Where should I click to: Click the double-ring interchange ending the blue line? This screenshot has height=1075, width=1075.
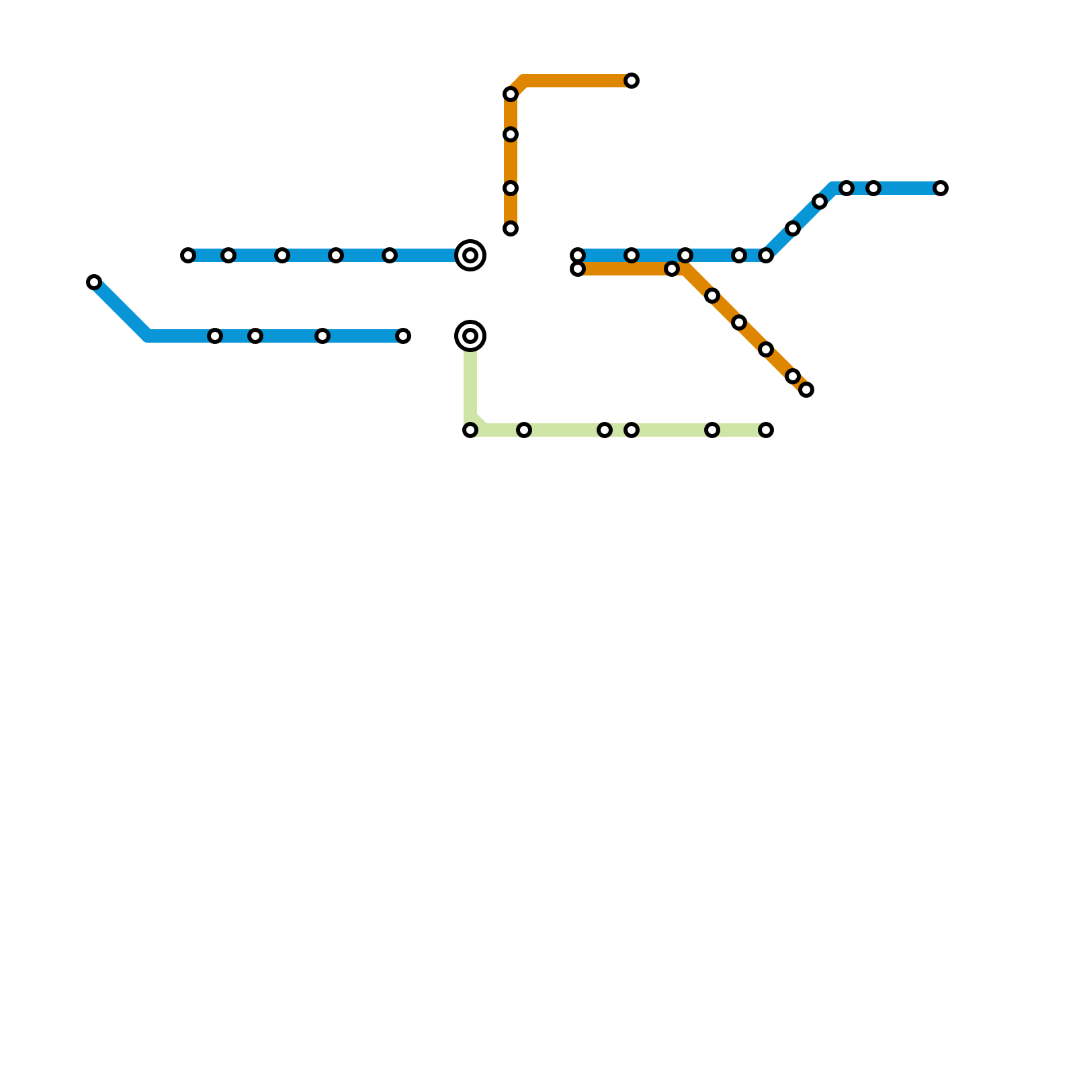[470, 255]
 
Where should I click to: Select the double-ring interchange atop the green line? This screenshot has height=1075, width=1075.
[470, 336]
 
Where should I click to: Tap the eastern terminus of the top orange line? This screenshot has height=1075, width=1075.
[632, 81]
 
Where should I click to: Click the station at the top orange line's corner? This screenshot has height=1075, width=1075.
[511, 94]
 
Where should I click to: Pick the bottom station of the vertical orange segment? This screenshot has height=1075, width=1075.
[511, 228]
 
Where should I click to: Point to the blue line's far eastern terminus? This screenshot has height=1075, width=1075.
[941, 188]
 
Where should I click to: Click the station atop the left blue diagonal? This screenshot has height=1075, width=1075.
[94, 282]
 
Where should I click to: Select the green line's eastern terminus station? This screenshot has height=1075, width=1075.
[766, 430]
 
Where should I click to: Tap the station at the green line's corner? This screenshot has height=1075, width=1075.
[470, 430]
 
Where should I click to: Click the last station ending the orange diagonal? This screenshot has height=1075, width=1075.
[806, 390]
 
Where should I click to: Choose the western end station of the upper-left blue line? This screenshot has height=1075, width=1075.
[188, 255]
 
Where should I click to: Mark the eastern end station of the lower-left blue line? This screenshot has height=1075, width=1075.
[403, 336]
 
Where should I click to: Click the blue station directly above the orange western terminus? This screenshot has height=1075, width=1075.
[578, 255]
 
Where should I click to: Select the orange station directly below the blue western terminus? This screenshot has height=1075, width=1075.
[578, 269]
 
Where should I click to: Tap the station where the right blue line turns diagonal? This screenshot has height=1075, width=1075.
[766, 255]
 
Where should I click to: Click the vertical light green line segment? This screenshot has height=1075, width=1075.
[470, 383]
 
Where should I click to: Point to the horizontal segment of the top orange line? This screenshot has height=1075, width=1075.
[578, 81]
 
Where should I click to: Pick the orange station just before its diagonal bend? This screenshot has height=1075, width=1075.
[672, 269]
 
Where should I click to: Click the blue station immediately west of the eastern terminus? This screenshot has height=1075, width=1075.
[873, 188]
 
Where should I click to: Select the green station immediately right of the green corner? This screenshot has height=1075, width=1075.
[524, 430]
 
